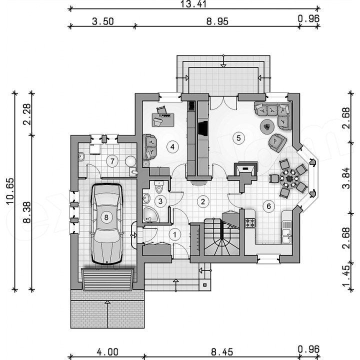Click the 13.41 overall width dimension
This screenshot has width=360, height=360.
tap(193, 4)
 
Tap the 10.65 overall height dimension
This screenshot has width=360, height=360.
tap(10, 191)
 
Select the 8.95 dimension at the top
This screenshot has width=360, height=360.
tap(217, 21)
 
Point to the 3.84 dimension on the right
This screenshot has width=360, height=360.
tap(346, 178)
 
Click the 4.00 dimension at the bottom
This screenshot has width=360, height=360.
tap(107, 352)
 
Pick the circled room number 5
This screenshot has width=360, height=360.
tap(238, 138)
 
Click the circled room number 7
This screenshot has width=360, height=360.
tap(112, 161)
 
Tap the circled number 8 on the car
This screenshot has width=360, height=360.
tap(106, 217)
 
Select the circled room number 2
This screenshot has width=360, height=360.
tap(202, 201)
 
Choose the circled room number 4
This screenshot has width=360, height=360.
tap(172, 146)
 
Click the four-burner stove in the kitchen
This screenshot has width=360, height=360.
tap(250, 222)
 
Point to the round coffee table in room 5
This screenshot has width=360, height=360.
tap(267, 126)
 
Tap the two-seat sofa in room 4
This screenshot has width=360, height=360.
tap(149, 147)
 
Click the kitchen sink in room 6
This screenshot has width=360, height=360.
tap(287, 232)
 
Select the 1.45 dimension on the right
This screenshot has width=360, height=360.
tap(346, 275)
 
